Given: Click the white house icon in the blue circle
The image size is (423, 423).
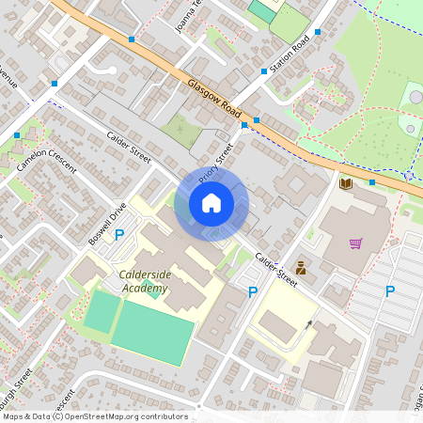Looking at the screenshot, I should [x=211, y=203].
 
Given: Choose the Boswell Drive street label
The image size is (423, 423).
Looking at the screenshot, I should [x=106, y=224].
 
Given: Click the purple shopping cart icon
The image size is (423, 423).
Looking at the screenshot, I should [x=355, y=243].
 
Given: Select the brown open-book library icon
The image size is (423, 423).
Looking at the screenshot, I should [x=345, y=182].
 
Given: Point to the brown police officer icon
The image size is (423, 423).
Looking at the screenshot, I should [x=301, y=267].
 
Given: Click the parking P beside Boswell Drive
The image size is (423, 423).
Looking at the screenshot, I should [x=119, y=235].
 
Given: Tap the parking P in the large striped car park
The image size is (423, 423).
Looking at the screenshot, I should [x=389, y=291].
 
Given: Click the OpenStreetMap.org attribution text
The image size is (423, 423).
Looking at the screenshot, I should [x=122, y=416].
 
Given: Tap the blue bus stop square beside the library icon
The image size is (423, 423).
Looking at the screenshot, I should [x=372, y=182].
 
